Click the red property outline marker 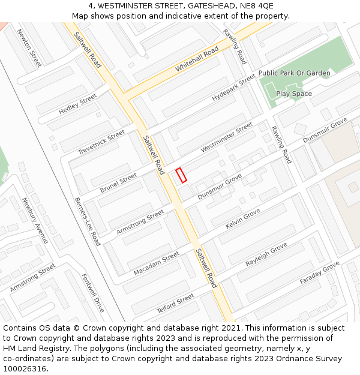(x=181, y=175)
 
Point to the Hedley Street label (x=77, y=104)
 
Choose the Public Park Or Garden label (x=294, y=73)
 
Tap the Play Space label (x=294, y=94)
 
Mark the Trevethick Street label (x=101, y=142)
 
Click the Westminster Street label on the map (x=227, y=137)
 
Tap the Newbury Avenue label (x=35, y=220)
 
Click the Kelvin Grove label (x=242, y=218)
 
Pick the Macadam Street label (x=156, y=263)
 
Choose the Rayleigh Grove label (x=266, y=255)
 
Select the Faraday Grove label (x=319, y=273)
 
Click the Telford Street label (x=175, y=302)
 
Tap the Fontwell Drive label (x=92, y=293)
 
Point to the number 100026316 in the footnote (x=26, y=368)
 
